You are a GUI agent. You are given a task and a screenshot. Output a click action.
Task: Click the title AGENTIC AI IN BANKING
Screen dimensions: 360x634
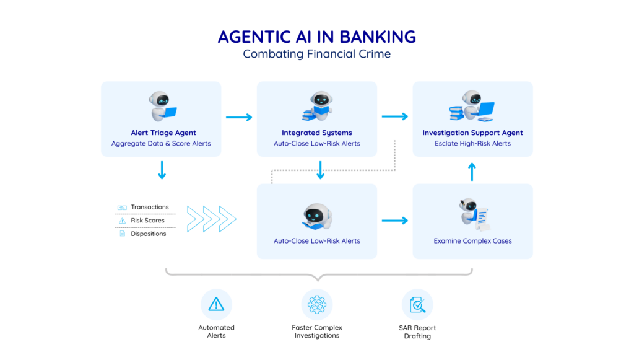pos(316,37)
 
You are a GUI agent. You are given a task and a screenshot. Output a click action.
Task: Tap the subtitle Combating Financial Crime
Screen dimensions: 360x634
pos(316,54)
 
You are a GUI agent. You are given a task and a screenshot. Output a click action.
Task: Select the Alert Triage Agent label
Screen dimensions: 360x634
pos(163,133)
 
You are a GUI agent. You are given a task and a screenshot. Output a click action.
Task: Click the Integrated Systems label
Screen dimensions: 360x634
pos(316,133)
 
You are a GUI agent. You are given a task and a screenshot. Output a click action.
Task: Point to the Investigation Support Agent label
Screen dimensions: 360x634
pos(472,133)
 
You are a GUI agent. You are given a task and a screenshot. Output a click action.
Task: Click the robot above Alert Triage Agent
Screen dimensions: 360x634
pos(162,106)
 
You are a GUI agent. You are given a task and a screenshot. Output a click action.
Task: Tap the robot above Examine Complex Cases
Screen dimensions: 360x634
pos(472,214)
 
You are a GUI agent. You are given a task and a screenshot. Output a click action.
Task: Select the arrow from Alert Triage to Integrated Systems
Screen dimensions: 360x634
pos(239,117)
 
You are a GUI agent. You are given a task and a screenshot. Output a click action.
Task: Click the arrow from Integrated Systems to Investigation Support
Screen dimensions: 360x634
pos(395,116)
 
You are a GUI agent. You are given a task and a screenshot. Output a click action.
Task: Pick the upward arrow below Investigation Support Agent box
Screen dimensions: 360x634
pos(472,172)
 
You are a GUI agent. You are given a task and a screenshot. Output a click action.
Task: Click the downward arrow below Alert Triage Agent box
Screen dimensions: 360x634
pos(162,170)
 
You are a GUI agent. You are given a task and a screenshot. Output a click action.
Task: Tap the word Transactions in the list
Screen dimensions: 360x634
pos(150,208)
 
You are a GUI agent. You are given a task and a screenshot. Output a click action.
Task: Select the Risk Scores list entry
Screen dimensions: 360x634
pos(147,221)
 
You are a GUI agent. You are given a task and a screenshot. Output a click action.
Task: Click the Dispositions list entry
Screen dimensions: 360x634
pos(149,234)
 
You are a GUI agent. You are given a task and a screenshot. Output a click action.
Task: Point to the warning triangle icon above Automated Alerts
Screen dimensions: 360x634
pos(216,304)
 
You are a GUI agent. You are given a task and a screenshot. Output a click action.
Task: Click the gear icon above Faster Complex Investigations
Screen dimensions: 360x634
pos(316,304)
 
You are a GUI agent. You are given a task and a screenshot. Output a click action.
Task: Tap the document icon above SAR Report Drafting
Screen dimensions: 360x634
pos(417,304)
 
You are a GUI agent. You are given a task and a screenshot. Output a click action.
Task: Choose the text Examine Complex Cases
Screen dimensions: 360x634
pos(472,241)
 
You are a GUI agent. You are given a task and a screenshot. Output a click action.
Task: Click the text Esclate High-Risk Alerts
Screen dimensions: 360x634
pos(472,144)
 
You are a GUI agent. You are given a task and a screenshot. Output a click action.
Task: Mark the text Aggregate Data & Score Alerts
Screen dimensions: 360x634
pos(161,144)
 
